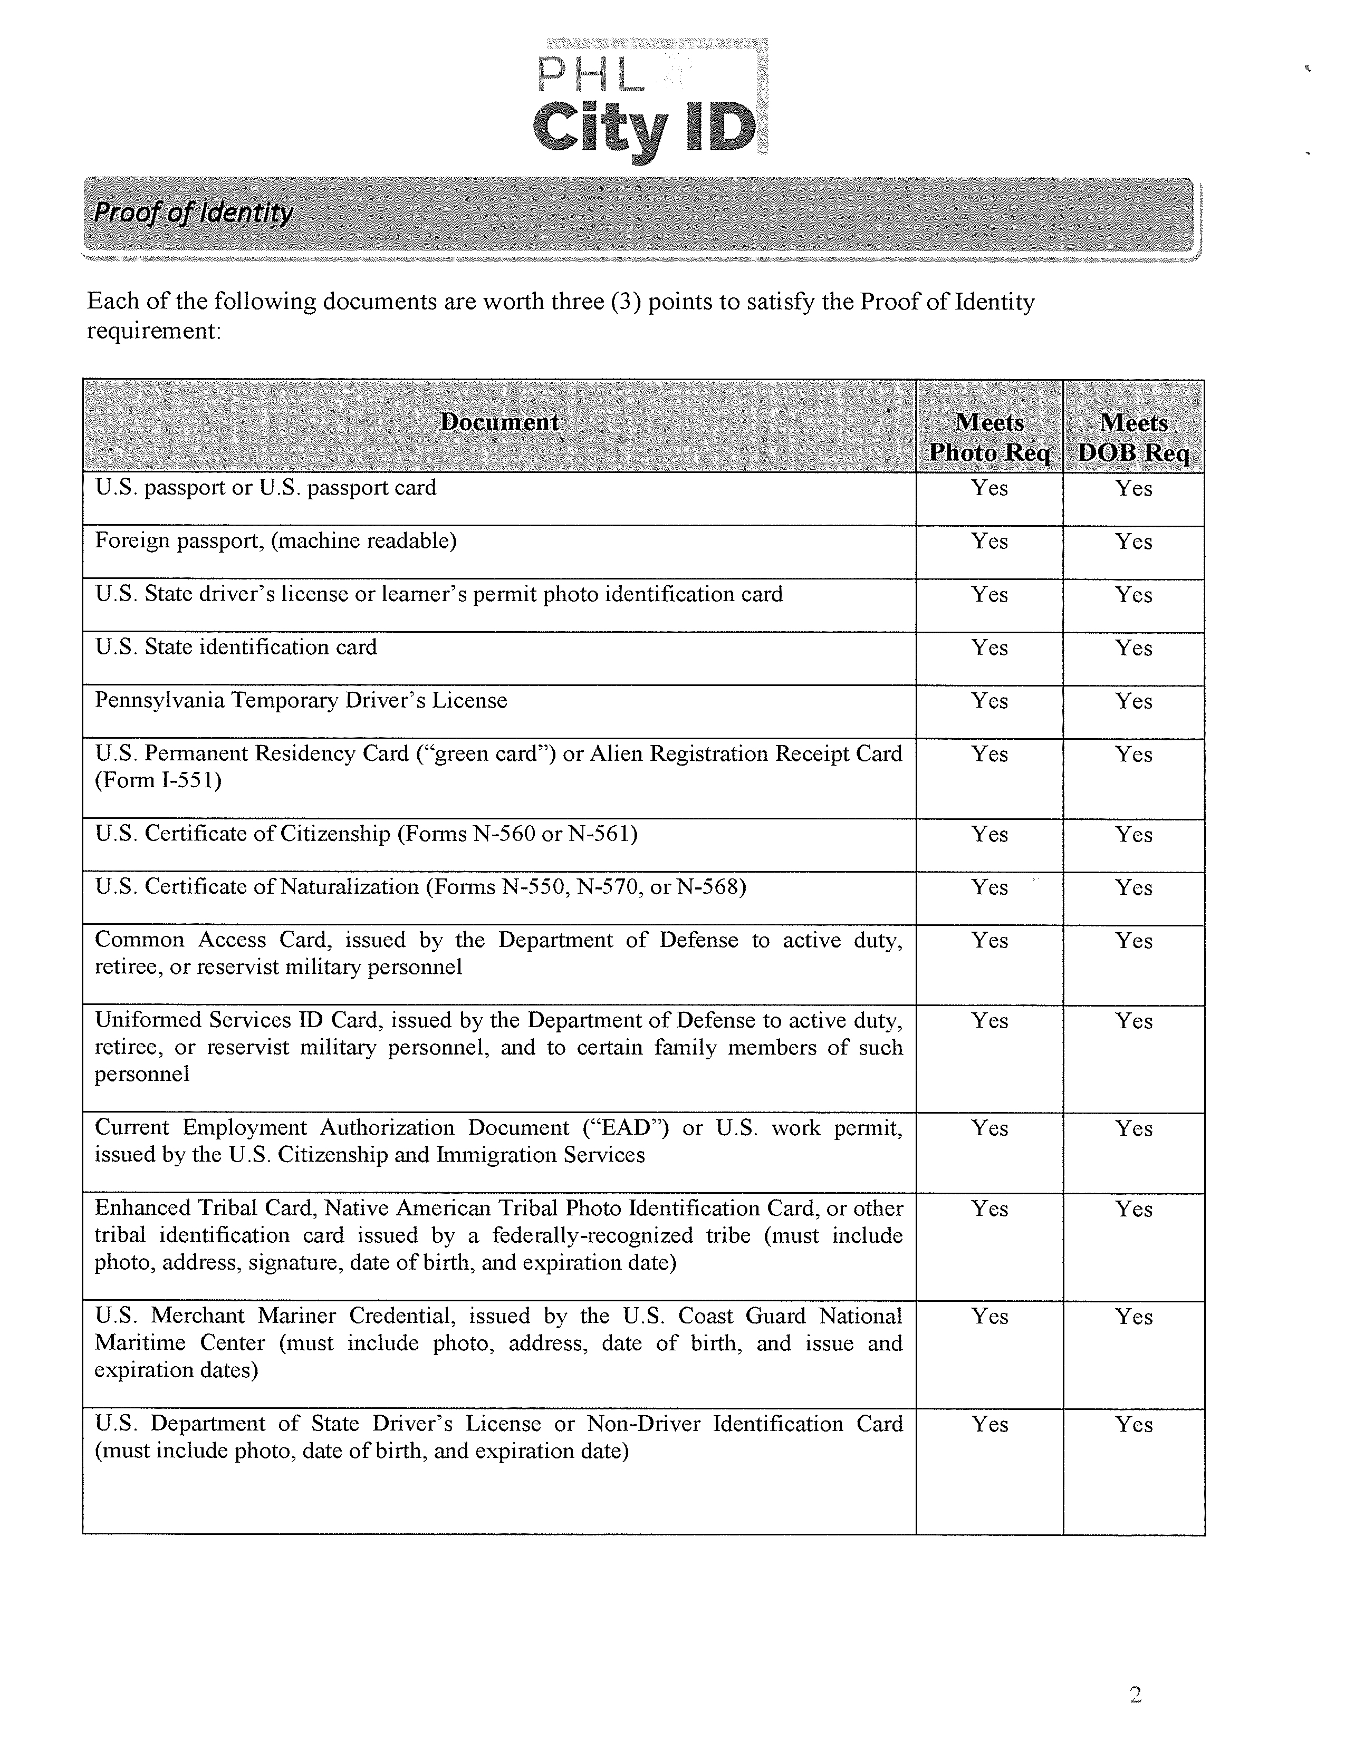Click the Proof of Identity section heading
[x=194, y=212]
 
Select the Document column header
[x=499, y=422]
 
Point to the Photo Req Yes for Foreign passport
[x=989, y=542]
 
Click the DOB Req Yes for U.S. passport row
[x=1134, y=488]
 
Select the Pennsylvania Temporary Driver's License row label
[x=301, y=700]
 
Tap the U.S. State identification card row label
[x=236, y=647]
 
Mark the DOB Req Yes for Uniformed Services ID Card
[x=1134, y=1021]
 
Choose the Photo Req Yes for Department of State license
[x=989, y=1425]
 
